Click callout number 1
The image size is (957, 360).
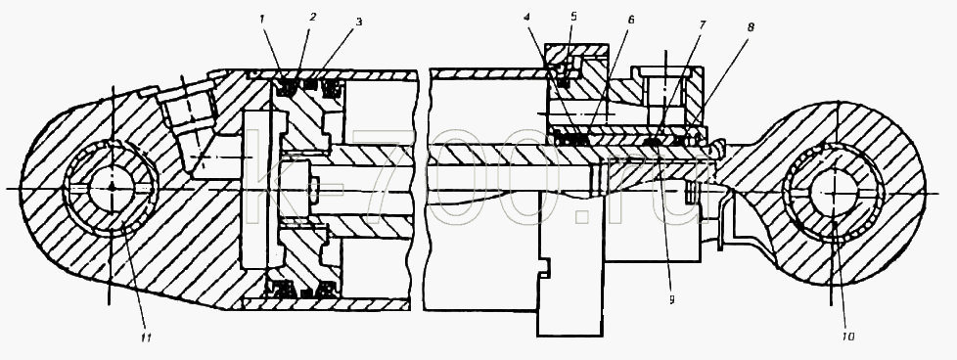[261, 19]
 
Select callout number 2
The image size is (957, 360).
[312, 17]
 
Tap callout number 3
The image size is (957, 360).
[359, 22]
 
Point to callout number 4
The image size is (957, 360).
[526, 17]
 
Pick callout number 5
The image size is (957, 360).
[573, 16]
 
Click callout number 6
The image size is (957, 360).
[630, 20]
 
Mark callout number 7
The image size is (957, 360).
[702, 24]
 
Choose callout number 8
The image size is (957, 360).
[751, 27]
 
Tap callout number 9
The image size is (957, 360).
[671, 299]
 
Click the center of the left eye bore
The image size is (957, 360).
[112, 188]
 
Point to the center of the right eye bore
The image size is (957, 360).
[834, 192]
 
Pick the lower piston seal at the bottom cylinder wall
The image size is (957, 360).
[275, 289]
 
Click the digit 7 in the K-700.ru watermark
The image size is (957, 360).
[384, 177]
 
